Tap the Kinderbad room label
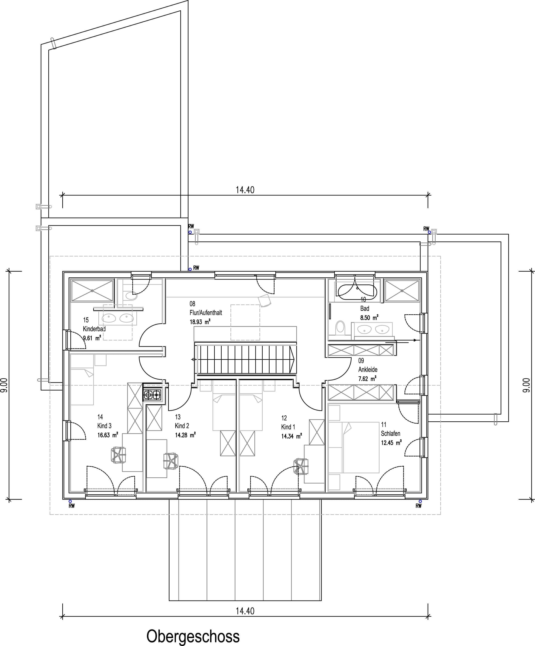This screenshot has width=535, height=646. click(94, 329)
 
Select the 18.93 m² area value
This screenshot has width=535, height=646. click(200, 322)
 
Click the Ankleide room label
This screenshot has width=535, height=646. click(368, 369)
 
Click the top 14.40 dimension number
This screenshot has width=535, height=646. click(245, 190)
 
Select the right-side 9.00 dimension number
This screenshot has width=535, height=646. click(526, 385)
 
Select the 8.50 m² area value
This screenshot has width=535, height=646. click(369, 318)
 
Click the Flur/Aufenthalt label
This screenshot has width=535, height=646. click(206, 313)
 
